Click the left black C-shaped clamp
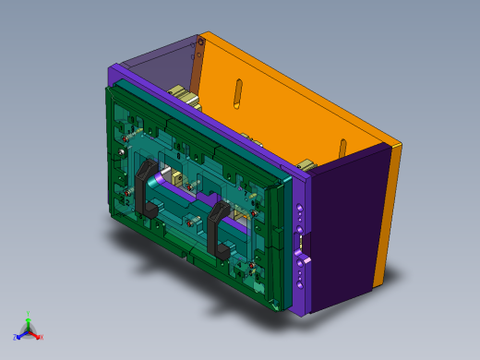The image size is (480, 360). pos(145,186)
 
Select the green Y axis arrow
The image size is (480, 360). pos(29,319)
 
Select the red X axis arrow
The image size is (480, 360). pos(36,334)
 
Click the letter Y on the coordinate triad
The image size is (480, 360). pos(29,313)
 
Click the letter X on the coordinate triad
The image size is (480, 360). pos(42,337)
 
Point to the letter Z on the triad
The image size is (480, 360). pos(16,338)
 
